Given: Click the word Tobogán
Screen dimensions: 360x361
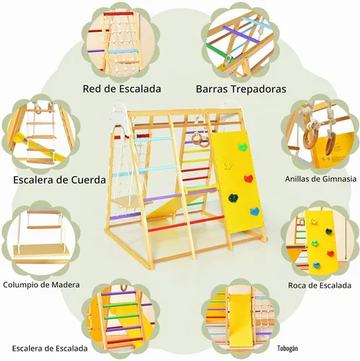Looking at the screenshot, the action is (288, 349).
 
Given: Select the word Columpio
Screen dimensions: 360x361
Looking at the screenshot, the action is (20, 285).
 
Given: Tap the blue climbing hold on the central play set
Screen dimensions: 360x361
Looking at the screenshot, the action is (254, 211).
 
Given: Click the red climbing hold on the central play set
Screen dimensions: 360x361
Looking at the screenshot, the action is (249, 178).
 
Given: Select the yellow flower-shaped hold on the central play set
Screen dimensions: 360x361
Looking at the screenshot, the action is (227, 165).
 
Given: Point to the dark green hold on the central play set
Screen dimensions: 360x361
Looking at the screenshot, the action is (233, 198).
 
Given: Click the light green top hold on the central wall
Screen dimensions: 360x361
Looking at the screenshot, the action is (243, 147).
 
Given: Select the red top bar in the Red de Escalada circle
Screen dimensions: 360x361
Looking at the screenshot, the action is (119, 14).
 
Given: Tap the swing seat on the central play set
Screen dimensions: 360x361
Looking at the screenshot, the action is (128, 201).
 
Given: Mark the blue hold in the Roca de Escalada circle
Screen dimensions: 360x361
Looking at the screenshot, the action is (317, 265).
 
